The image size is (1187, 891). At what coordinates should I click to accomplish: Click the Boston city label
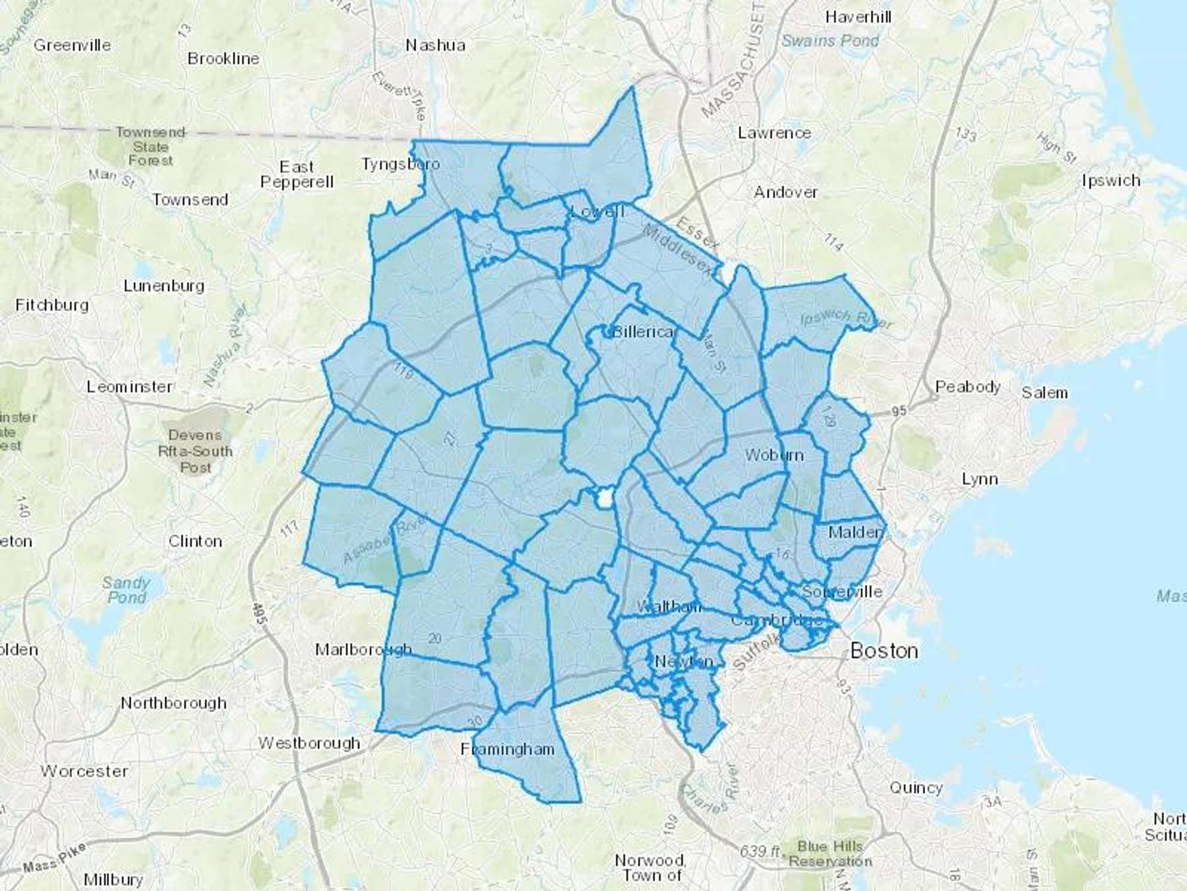click(884, 651)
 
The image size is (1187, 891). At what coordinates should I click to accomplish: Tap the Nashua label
click(435, 46)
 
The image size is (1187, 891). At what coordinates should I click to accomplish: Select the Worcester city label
click(84, 771)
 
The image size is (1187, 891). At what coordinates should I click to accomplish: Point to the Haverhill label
click(858, 17)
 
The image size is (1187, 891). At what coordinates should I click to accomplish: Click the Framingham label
click(507, 749)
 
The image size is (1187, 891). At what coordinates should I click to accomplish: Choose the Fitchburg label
click(52, 305)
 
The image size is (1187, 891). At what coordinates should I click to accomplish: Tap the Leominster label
click(129, 387)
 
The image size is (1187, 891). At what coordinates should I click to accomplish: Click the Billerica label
click(643, 331)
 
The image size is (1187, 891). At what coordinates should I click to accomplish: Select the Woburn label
click(774, 455)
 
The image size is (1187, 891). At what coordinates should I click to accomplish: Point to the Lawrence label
click(774, 133)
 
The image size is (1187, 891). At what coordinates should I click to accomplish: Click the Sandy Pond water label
click(126, 590)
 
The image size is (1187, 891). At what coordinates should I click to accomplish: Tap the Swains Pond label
click(830, 41)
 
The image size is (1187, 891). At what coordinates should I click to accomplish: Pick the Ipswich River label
click(846, 319)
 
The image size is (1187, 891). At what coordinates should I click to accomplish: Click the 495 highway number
click(259, 614)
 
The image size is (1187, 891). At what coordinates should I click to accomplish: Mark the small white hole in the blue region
click(603, 498)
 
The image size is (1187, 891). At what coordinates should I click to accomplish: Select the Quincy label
click(916, 787)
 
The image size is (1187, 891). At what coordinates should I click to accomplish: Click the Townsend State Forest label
click(150, 146)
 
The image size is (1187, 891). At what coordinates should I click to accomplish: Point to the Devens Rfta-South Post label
click(195, 451)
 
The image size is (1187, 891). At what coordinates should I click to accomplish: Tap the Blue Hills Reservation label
click(830, 853)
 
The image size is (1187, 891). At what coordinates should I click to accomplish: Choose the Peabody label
click(967, 387)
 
